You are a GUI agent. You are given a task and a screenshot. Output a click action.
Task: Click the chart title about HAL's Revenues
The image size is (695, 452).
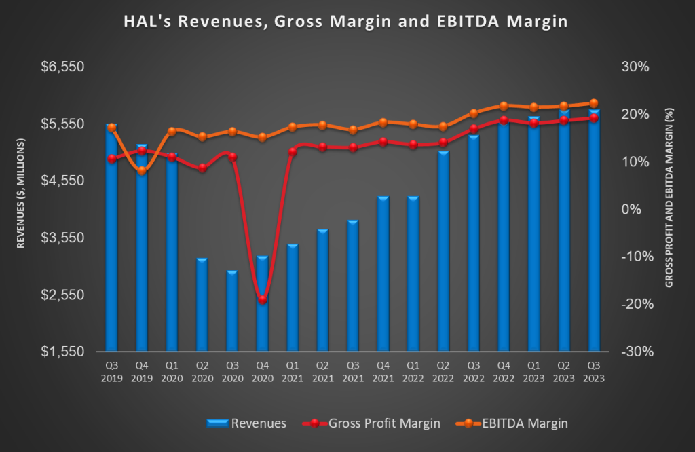click(x=346, y=22)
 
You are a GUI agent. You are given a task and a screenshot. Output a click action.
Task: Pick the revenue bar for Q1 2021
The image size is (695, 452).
click(x=293, y=298)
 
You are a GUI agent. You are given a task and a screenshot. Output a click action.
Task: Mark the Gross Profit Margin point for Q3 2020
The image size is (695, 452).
click(x=233, y=157)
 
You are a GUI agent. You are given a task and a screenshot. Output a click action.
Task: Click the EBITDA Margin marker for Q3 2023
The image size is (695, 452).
click(x=594, y=103)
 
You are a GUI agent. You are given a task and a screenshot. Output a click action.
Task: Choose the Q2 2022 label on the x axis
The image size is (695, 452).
click(x=443, y=372)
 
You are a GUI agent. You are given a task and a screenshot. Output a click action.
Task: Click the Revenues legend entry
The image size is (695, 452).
click(x=247, y=423)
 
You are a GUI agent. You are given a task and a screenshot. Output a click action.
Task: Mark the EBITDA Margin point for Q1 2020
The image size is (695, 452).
click(x=172, y=131)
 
